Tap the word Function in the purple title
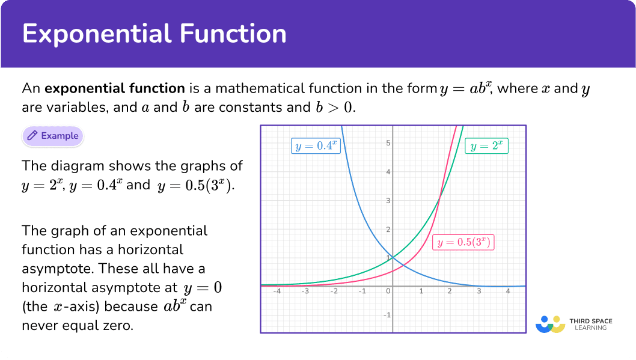[x=233, y=33]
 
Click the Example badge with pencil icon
[x=53, y=136]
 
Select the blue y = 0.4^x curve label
[x=316, y=146]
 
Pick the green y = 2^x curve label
[x=486, y=146]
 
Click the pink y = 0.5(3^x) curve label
[x=463, y=242]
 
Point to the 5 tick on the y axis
[x=388, y=142]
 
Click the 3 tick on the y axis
[x=388, y=201]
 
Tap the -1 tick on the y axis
[x=387, y=315]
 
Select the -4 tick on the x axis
[x=277, y=291]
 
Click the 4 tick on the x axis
[x=508, y=291]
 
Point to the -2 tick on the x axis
[x=334, y=291]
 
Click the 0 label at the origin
[x=388, y=291]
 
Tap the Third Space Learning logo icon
[x=551, y=325]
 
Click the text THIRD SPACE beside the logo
[x=591, y=321]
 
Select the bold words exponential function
[x=115, y=88]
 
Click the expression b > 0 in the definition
[x=335, y=107]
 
